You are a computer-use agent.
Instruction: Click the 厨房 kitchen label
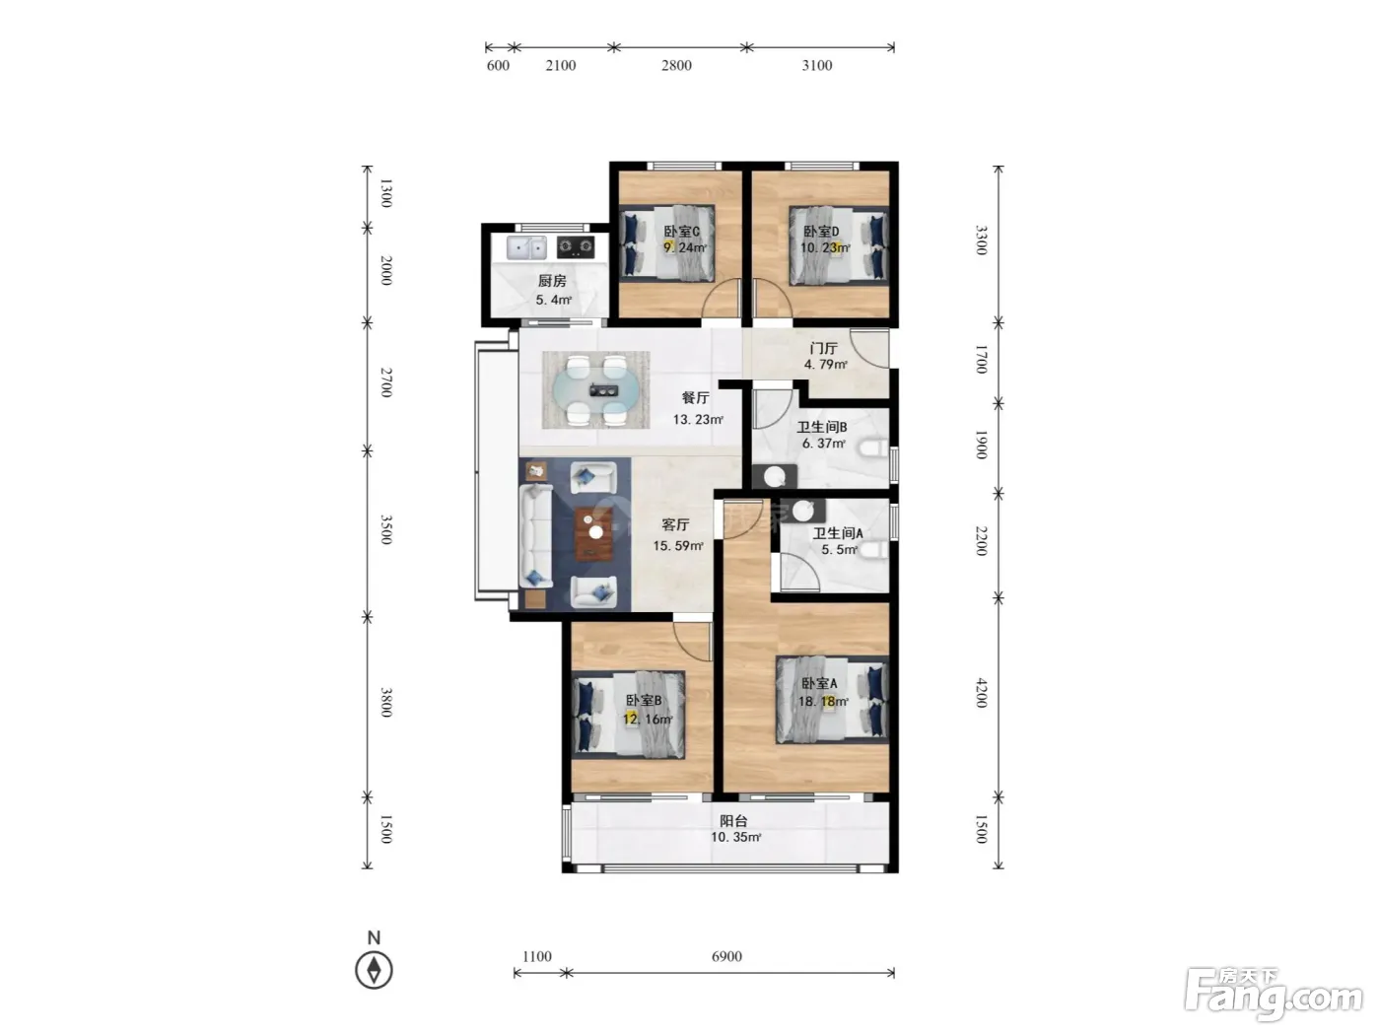coord(551,281)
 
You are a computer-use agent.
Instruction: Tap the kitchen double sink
coord(526,248)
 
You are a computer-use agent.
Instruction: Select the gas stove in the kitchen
coord(576,247)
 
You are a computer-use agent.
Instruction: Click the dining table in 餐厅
coord(596,390)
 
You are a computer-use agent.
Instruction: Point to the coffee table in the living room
coord(594,533)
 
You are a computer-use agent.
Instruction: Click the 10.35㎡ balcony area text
coord(735,837)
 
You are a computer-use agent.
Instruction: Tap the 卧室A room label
coord(818,683)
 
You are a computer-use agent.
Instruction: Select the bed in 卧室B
coord(629,715)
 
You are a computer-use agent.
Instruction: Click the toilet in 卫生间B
coord(874,448)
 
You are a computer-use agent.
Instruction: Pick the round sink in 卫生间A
coord(802,512)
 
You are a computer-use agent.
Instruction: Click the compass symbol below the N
coord(374,970)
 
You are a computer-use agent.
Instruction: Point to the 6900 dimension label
coord(726,956)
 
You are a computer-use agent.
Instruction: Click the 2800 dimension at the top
coord(676,65)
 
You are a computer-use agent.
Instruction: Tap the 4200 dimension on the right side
coord(981,693)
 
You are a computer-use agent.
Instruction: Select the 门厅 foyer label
coord(823,348)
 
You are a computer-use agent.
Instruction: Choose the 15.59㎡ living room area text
coord(678,546)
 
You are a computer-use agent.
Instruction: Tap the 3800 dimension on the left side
coord(386,703)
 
